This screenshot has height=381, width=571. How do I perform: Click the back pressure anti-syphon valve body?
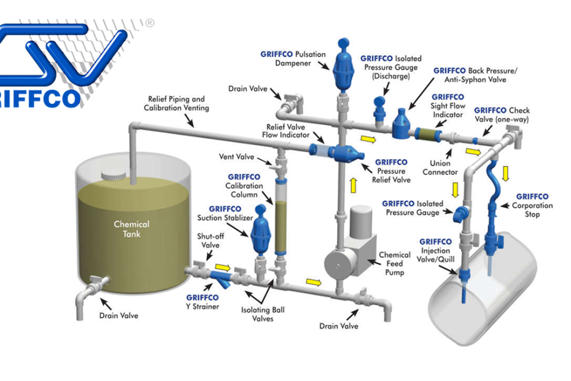click(x=402, y=122)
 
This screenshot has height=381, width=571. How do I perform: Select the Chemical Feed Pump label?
click(x=395, y=264)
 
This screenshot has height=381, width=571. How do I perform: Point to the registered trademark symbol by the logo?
click(x=149, y=23)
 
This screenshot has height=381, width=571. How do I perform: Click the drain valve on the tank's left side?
click(x=95, y=283)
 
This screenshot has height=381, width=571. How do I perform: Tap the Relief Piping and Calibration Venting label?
click(x=176, y=103)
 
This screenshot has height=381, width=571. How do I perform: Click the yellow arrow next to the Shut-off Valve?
click(x=223, y=267)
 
